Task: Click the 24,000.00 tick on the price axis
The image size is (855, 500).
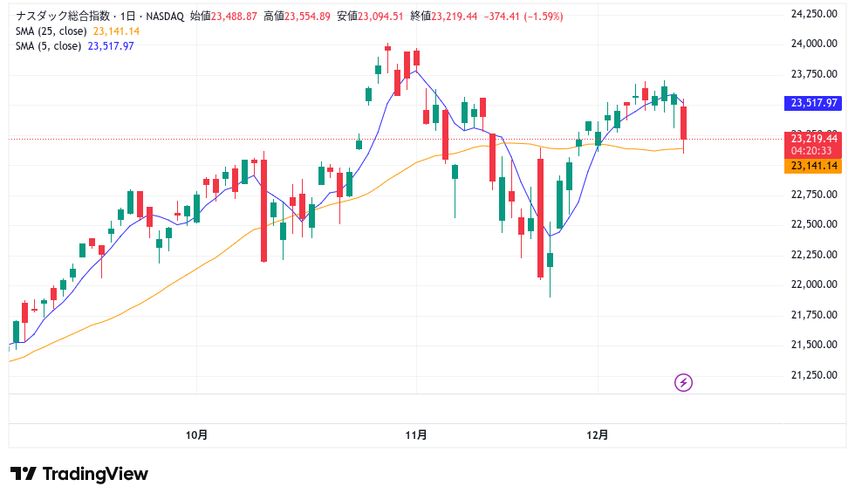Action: [x=814, y=44]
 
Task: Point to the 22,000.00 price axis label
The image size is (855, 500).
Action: [x=814, y=284]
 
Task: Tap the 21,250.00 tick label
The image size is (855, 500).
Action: [x=814, y=375]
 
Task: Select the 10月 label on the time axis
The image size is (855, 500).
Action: [x=197, y=435]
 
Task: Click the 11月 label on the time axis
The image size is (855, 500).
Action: [x=416, y=435]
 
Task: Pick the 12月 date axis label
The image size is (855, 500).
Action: [x=598, y=435]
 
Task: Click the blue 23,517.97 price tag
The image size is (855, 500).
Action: [x=813, y=103]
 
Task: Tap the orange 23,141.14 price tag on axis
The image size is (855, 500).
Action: [x=813, y=166]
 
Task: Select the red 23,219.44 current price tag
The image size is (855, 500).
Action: [x=813, y=138]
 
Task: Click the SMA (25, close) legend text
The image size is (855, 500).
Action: [x=51, y=31]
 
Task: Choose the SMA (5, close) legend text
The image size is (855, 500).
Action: [x=49, y=46]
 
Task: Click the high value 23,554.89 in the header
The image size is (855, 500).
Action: [x=302, y=17]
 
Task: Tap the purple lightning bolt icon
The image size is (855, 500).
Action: [x=684, y=382]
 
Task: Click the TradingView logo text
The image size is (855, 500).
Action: [x=79, y=474]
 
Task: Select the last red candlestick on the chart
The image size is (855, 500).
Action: [x=685, y=123]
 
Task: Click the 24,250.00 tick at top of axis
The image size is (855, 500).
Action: [x=814, y=14]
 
